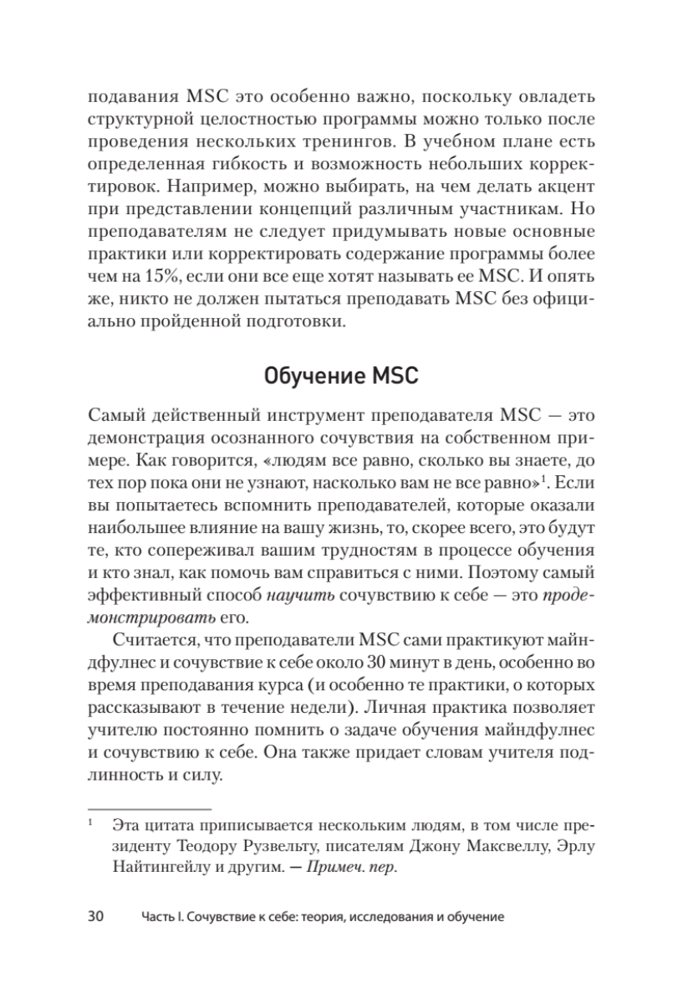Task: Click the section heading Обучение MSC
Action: point(341,376)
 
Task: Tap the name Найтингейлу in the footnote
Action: point(163,868)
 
